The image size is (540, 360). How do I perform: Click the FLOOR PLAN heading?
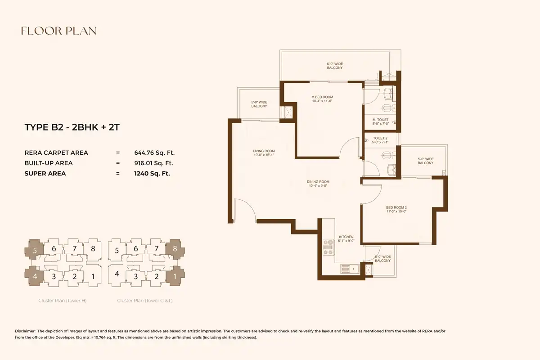click(x=59, y=31)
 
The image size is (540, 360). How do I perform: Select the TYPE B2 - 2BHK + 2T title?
click(x=72, y=127)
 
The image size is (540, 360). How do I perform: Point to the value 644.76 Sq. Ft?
click(x=154, y=153)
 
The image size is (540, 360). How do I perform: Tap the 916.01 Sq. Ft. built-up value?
click(x=154, y=163)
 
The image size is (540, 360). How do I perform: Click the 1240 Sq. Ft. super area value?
click(x=152, y=174)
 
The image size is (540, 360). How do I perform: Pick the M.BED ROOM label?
click(x=322, y=97)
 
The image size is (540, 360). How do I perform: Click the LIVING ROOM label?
click(x=264, y=151)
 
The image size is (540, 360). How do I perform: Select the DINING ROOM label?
click(x=318, y=182)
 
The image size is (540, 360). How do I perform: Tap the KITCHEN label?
click(x=346, y=237)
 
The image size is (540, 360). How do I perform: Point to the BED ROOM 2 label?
click(x=396, y=207)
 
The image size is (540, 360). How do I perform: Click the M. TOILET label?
click(x=380, y=120)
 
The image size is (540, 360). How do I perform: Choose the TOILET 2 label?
click(x=380, y=138)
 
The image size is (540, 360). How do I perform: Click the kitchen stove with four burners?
click(x=328, y=247)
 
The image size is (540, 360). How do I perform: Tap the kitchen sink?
click(x=350, y=269)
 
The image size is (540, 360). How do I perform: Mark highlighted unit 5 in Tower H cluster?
click(x=34, y=249)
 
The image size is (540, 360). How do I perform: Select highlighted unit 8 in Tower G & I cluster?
click(x=175, y=249)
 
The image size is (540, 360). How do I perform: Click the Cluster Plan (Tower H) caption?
click(x=63, y=301)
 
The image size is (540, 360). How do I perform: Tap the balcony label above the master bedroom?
click(x=335, y=66)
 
